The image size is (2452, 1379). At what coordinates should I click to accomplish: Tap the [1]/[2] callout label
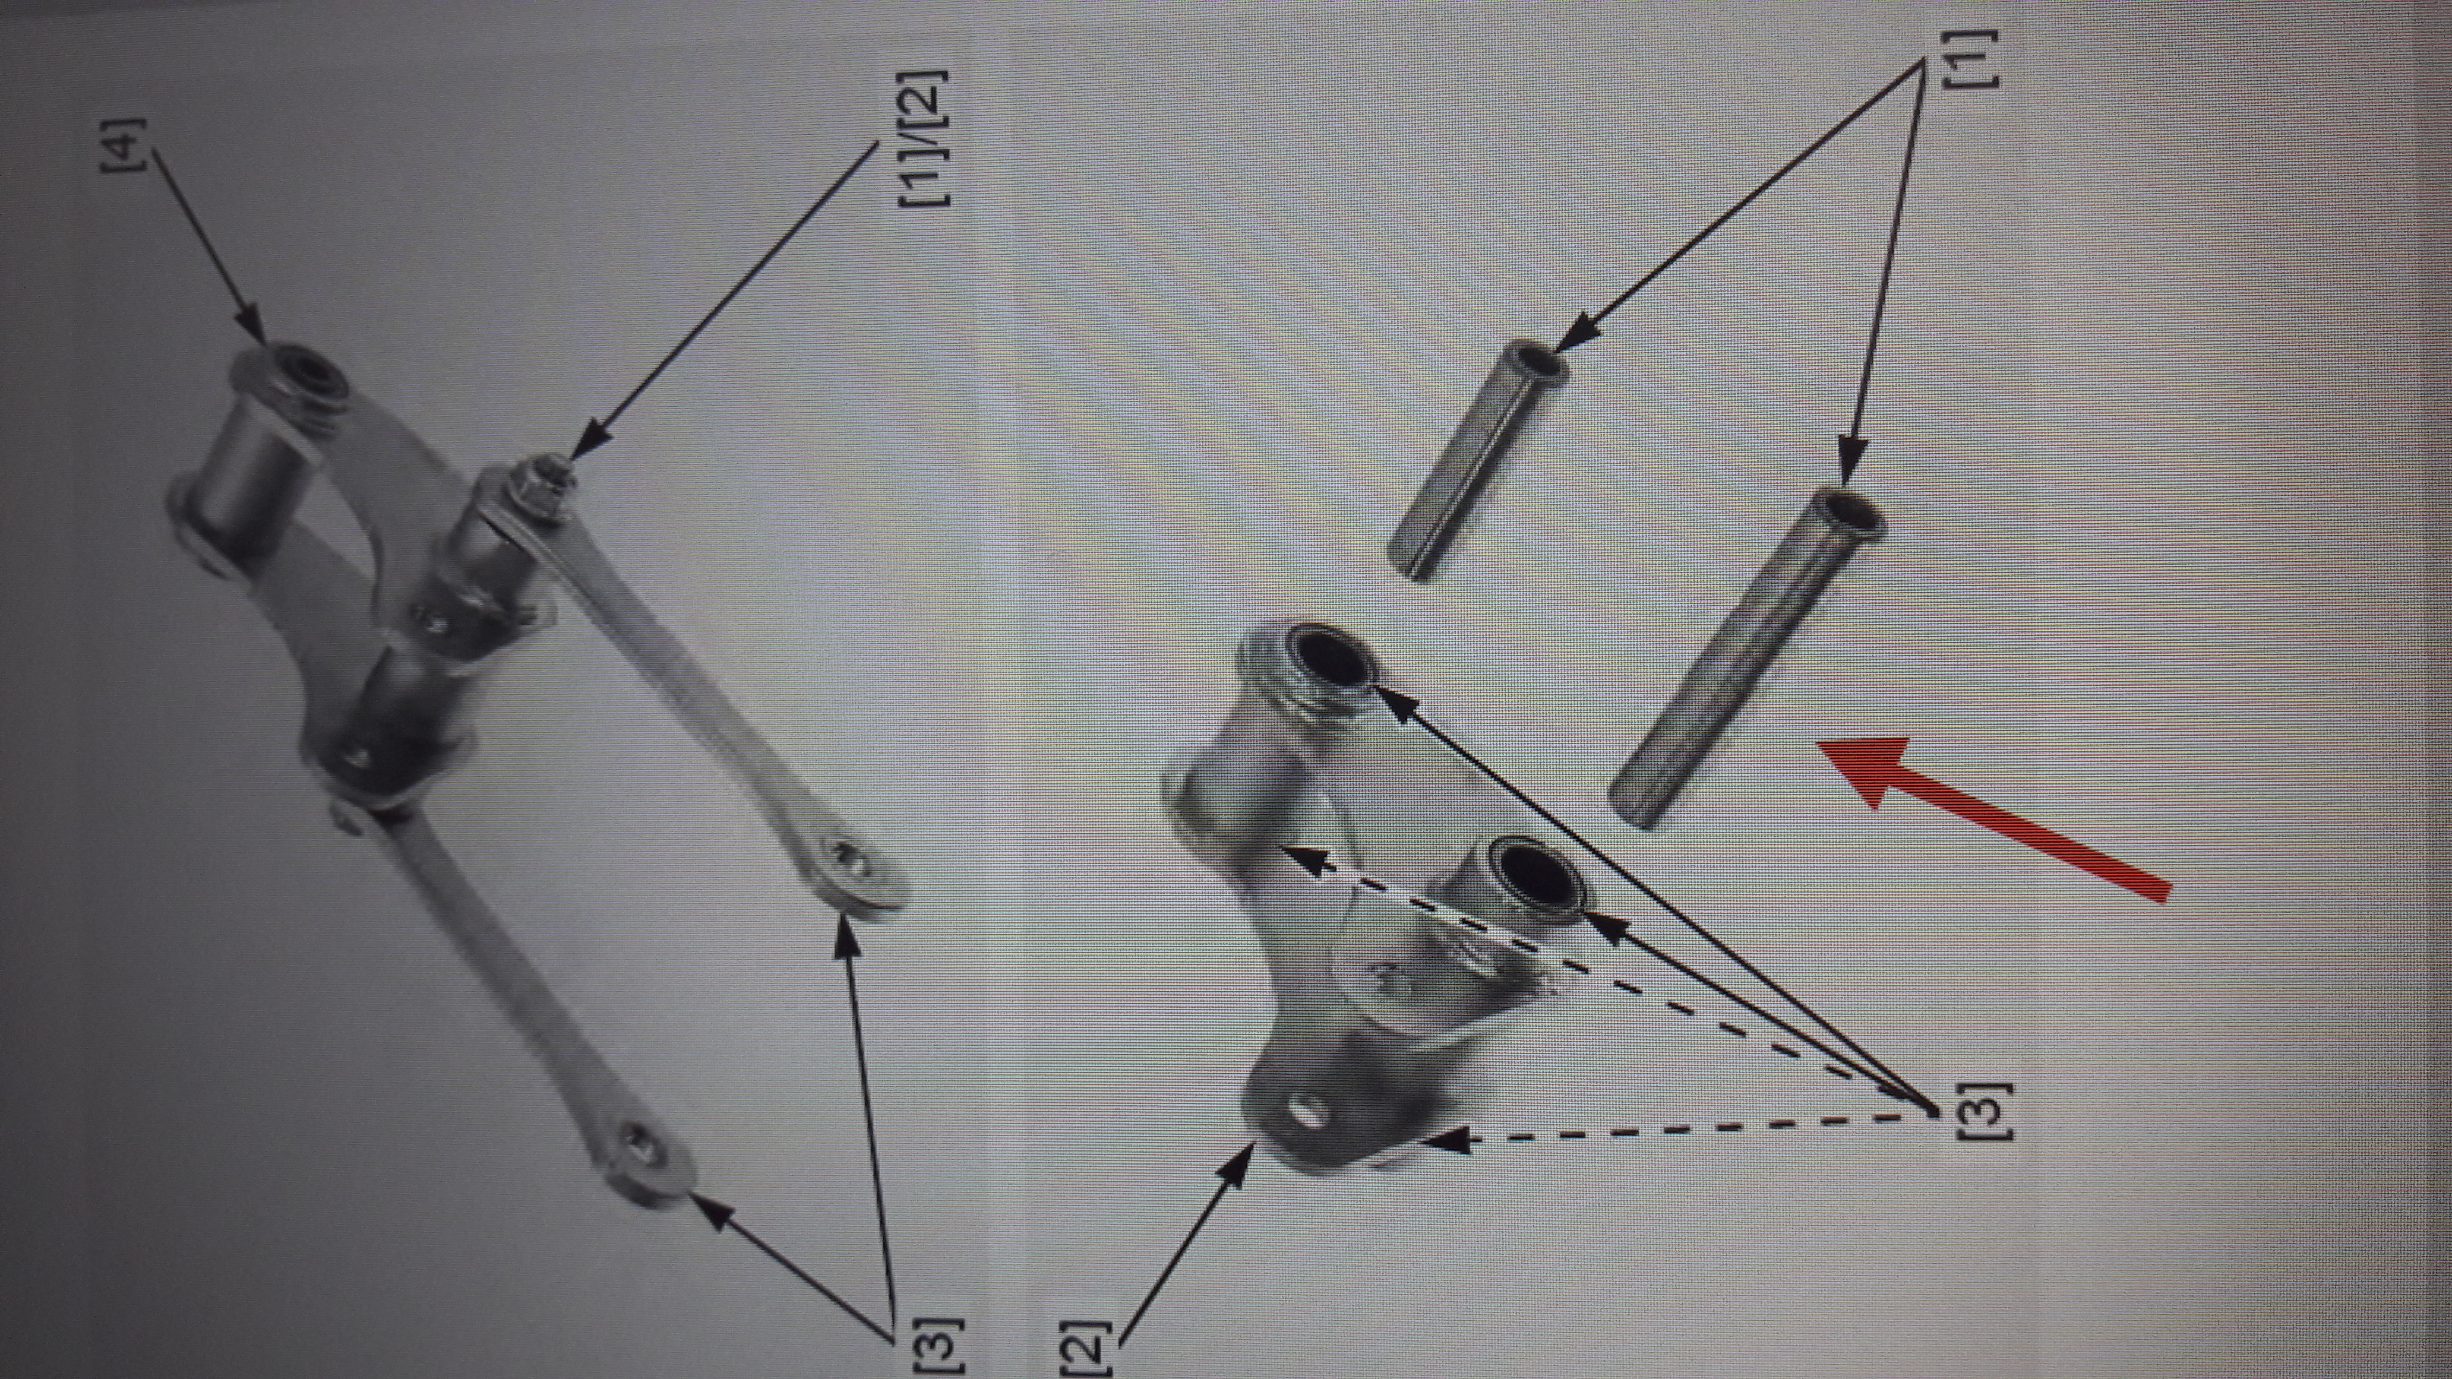click(921, 137)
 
